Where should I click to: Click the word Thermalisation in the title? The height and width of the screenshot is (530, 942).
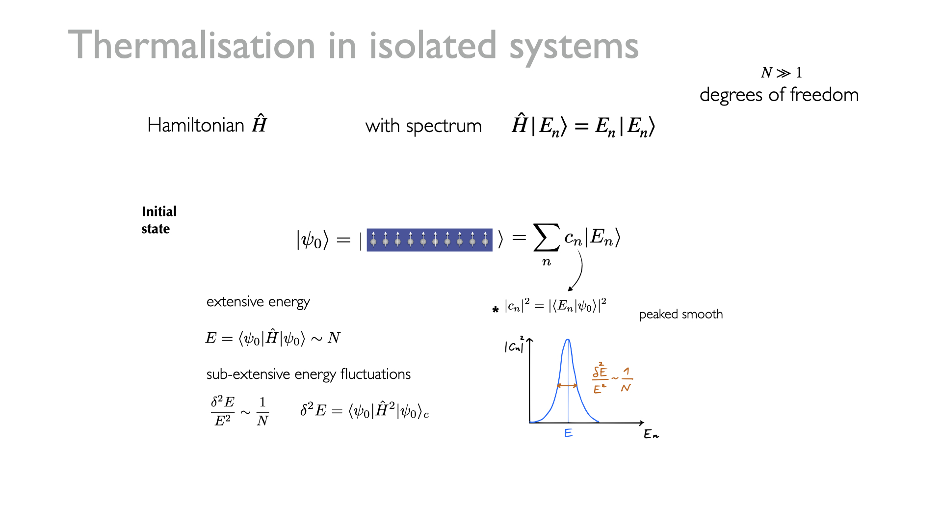click(x=191, y=45)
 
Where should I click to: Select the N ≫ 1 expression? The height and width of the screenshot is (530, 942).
click(x=782, y=73)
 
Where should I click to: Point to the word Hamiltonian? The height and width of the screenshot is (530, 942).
click(x=196, y=125)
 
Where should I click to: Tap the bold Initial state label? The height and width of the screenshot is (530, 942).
click(x=159, y=220)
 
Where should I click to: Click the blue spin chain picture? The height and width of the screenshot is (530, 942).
click(x=429, y=240)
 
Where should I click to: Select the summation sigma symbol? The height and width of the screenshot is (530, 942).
click(x=547, y=238)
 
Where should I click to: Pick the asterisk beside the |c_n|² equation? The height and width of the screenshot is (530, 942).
click(x=496, y=309)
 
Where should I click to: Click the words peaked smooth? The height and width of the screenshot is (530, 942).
click(x=681, y=314)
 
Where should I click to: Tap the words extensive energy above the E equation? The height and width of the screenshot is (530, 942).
click(x=258, y=302)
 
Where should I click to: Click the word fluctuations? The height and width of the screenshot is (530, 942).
click(x=375, y=374)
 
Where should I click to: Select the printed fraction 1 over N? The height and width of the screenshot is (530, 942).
click(x=262, y=411)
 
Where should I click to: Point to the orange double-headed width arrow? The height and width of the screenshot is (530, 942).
click(x=567, y=386)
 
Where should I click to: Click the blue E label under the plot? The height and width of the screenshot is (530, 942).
click(x=568, y=433)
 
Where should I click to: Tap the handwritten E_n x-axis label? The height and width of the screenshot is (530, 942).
click(x=651, y=434)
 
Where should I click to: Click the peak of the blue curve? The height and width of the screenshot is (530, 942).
click(x=568, y=340)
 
